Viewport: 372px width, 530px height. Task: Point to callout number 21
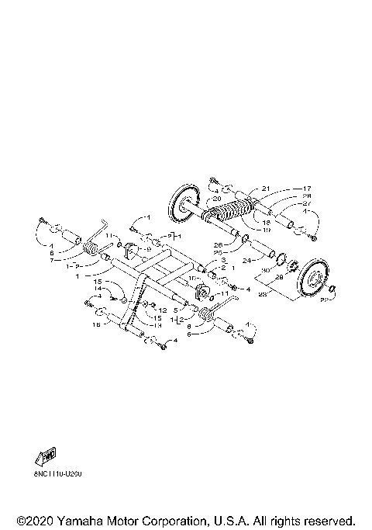point(265,189)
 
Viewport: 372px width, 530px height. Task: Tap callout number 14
point(98,288)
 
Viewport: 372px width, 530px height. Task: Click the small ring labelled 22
point(332,289)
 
